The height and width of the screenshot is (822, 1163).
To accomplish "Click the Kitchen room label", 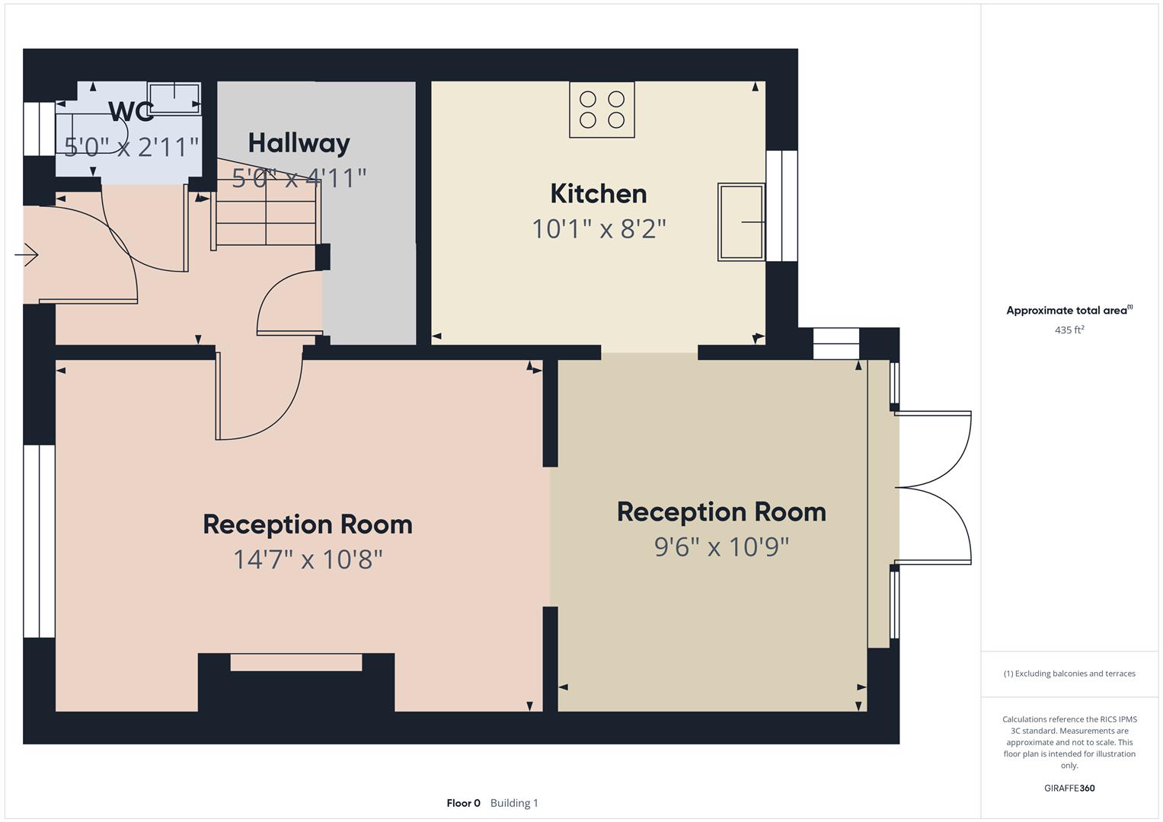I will [599, 194].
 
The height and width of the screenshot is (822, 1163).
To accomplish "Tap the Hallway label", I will [299, 143].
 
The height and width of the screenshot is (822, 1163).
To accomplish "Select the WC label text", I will [132, 112].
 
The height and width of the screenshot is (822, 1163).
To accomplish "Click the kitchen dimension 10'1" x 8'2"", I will [599, 228].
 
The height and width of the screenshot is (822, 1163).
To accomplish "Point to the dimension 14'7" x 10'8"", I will [308, 559].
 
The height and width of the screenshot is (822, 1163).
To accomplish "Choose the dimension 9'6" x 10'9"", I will [721, 546].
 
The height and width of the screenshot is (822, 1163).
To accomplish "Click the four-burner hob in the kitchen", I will [602, 110].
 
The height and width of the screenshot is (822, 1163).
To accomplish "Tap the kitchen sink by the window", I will [741, 221].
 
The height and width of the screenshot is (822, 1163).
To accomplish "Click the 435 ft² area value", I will [1069, 330].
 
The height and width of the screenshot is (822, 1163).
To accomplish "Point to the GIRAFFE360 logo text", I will [1069, 788].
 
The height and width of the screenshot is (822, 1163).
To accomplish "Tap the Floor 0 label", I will [463, 803].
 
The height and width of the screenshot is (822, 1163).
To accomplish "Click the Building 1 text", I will [514, 803].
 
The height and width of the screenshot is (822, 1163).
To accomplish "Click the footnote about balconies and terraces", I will [1069, 674].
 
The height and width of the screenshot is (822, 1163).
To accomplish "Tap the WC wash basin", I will [174, 97].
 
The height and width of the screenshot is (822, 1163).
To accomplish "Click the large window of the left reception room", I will [39, 540].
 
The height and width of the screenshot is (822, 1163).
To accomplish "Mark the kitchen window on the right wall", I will [782, 205].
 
